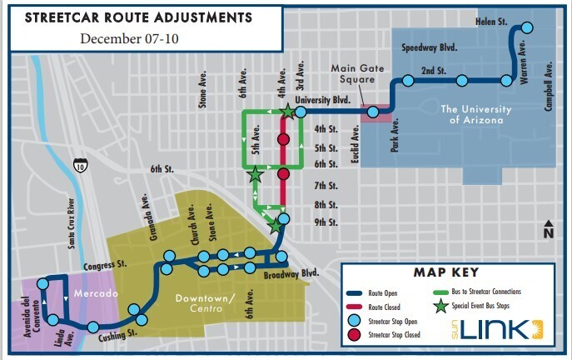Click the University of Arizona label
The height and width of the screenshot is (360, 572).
click(472, 114)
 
